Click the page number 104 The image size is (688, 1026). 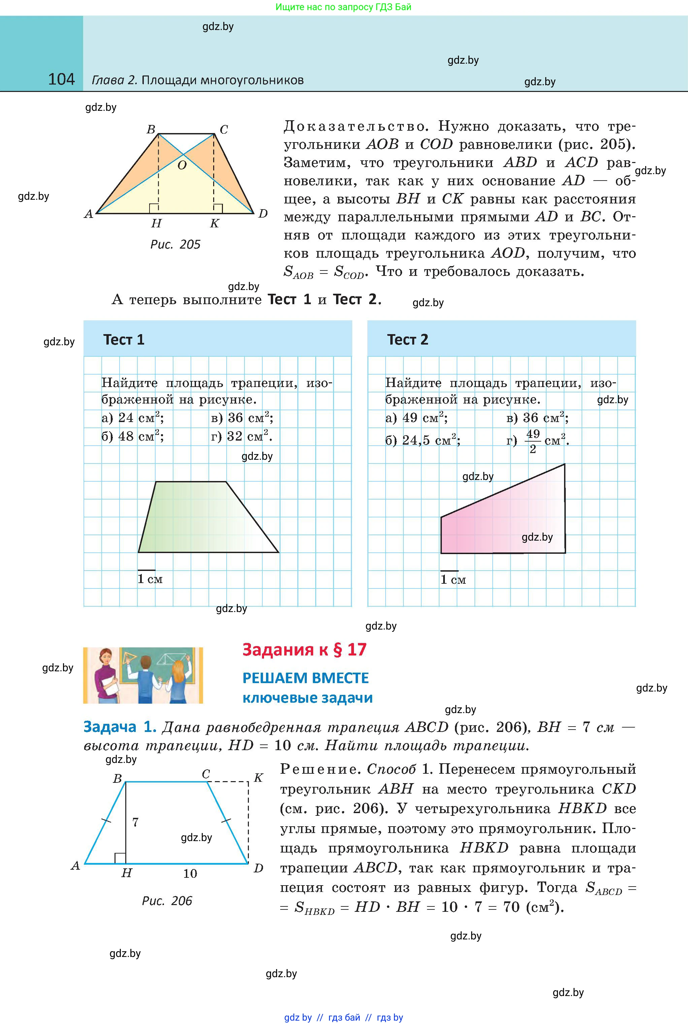[61, 79]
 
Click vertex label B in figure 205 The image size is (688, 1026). [151, 129]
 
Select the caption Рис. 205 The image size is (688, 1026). [175, 245]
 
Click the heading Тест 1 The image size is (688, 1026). [124, 340]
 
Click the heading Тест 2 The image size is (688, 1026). [407, 340]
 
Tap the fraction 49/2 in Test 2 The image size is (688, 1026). [533, 441]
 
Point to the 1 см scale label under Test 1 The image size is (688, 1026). [150, 579]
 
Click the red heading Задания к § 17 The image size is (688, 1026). [304, 649]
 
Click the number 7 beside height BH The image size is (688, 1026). [136, 822]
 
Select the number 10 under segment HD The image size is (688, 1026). [190, 873]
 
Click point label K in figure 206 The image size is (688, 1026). [258, 778]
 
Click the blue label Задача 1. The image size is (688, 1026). [120, 727]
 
